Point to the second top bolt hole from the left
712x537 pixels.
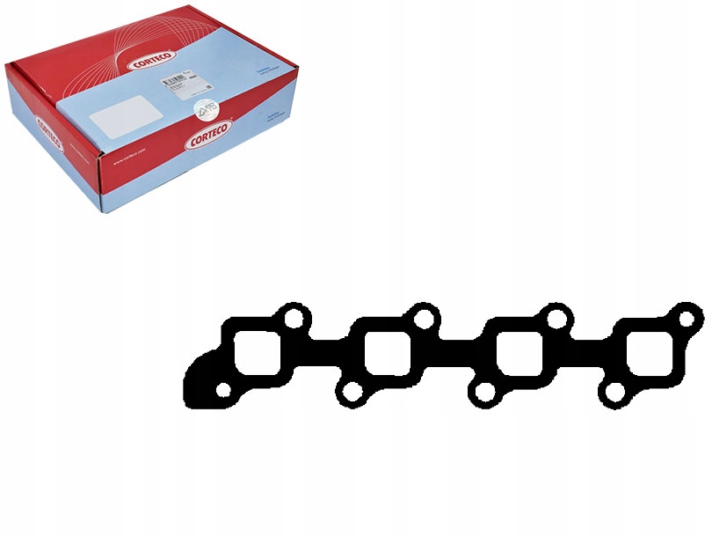click(x=425, y=316)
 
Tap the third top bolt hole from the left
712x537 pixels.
click(x=556, y=316)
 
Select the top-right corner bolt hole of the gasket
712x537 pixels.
click(x=686, y=315)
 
